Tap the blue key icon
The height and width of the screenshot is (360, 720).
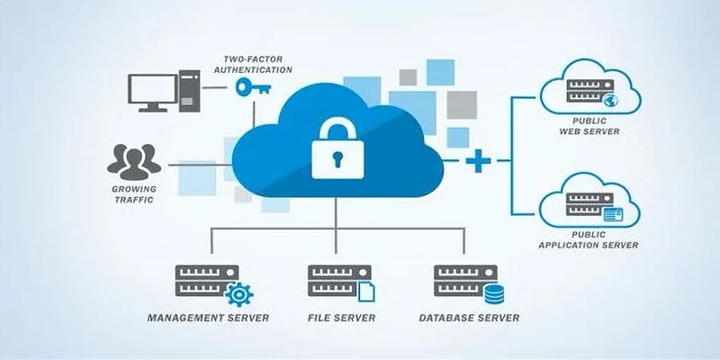(253, 86)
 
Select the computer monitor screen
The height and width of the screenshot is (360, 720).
(152, 89)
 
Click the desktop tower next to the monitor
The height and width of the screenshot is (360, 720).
(189, 91)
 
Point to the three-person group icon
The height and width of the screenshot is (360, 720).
(133, 162)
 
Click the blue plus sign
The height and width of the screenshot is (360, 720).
(478, 161)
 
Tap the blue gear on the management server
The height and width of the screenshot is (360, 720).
(238, 294)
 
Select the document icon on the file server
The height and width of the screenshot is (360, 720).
(366, 292)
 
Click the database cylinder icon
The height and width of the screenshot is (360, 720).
(494, 294)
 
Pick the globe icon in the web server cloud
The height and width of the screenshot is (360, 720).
(611, 100)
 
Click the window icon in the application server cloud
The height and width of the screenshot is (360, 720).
(613, 214)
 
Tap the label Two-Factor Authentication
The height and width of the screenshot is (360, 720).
(253, 65)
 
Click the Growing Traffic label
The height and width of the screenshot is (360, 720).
(134, 194)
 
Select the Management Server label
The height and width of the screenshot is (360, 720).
(208, 318)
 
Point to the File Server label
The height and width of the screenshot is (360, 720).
(342, 318)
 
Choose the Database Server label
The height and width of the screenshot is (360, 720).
(469, 318)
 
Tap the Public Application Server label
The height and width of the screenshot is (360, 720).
(589, 240)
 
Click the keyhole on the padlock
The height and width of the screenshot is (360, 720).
(337, 159)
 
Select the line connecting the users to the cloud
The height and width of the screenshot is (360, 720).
(201, 165)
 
